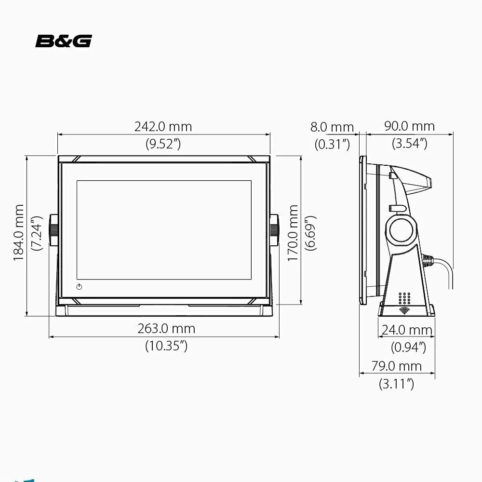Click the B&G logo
tap(64, 41)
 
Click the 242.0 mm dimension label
tap(163, 127)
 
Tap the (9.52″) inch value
tap(163, 144)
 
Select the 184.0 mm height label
tap(19, 232)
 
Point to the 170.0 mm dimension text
tap(293, 233)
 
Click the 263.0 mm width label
tap(166, 329)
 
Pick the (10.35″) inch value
tap(166, 346)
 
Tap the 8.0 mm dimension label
tap(332, 127)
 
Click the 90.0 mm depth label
tap(409, 126)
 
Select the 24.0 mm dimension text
tap(407, 330)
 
